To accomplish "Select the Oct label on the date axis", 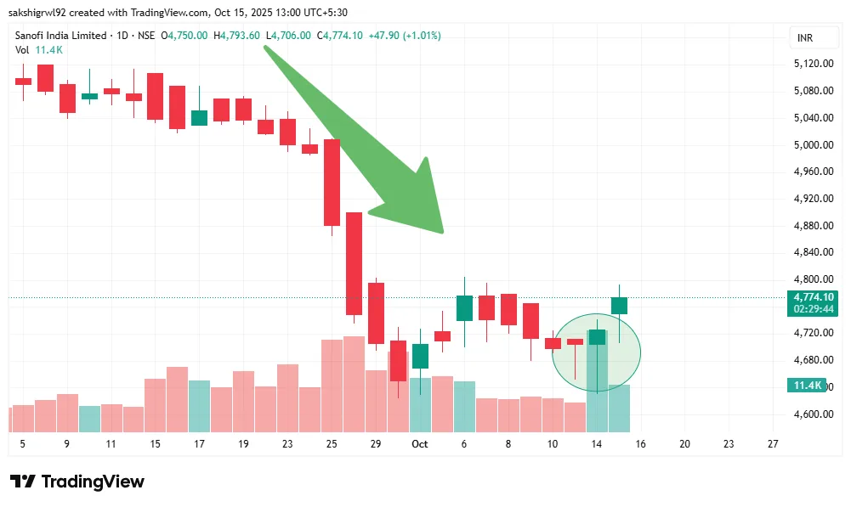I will (x=419, y=444).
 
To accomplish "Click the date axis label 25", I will (x=332, y=444).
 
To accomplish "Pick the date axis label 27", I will (x=773, y=444).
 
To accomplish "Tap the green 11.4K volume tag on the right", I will (x=807, y=386).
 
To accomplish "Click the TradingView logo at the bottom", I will (x=77, y=482).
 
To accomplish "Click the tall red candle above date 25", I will (x=332, y=182).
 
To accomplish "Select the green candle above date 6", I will (x=464, y=307).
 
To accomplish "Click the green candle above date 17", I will (x=199, y=118).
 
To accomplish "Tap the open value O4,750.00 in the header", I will (x=188, y=36).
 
